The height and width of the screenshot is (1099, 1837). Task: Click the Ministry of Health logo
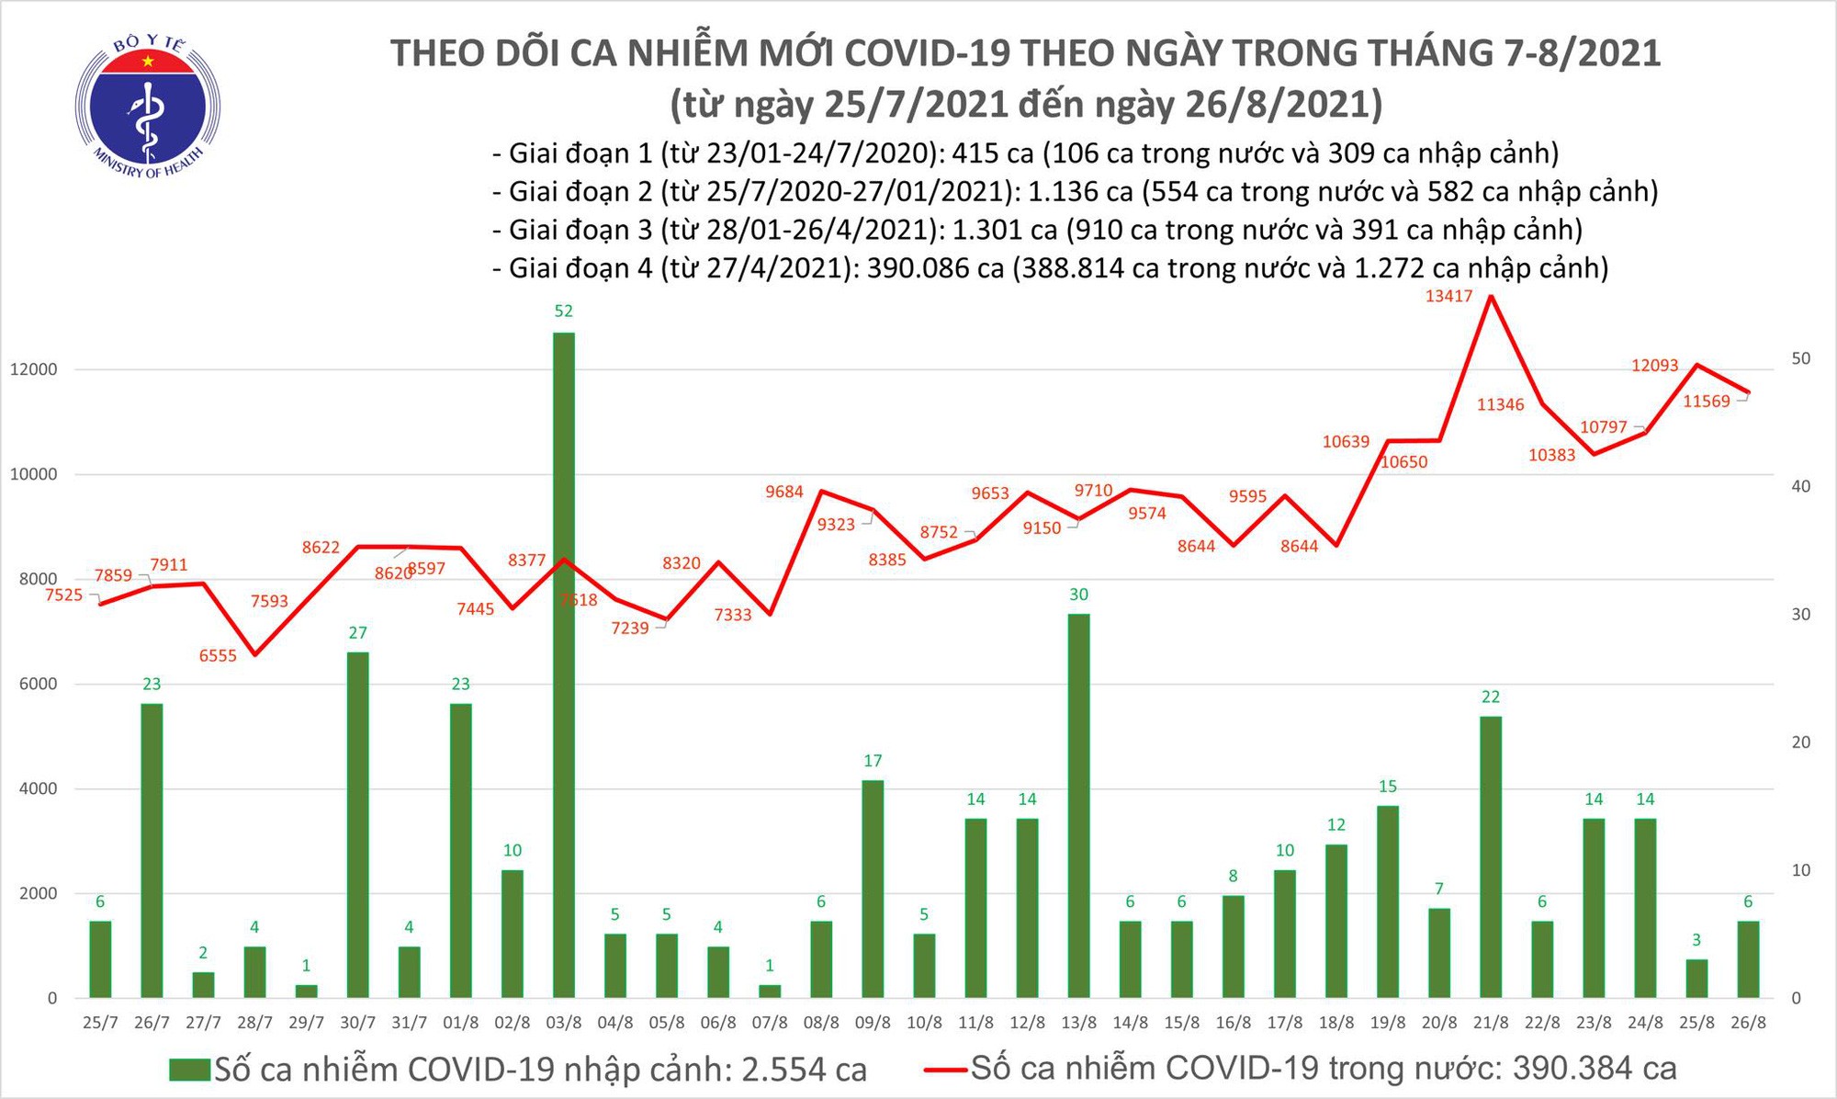[x=147, y=103]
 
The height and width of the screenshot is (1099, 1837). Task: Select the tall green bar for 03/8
[x=563, y=662]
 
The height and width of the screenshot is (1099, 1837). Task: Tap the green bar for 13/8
[x=1078, y=804]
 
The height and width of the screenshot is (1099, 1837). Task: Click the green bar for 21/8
[x=1490, y=855]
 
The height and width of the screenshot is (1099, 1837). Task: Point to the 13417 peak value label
[x=1448, y=297]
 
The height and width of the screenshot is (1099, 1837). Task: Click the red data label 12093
[x=1654, y=366]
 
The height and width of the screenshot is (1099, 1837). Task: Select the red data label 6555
[x=218, y=656]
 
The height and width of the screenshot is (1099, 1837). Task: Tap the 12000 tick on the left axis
[x=34, y=370]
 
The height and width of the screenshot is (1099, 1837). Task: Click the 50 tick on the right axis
[x=1801, y=358]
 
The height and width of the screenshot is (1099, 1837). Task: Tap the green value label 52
[x=563, y=312]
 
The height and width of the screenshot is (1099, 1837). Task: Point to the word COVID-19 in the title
[x=927, y=53]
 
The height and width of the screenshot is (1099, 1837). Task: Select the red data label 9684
[x=783, y=493]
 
